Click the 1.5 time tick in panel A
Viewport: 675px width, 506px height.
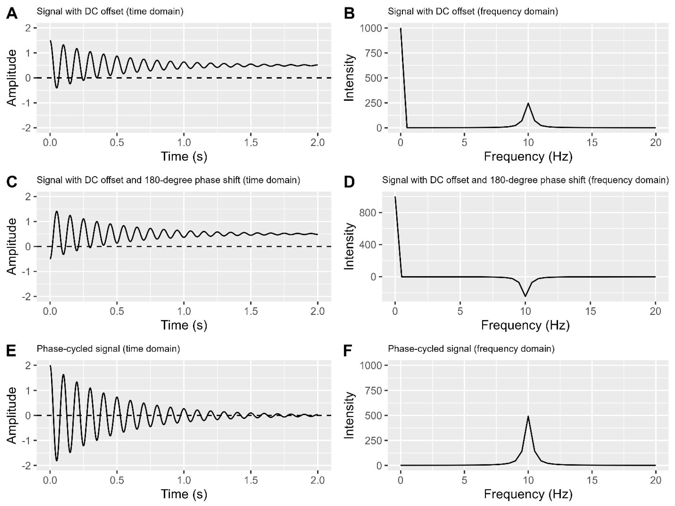click(251, 143)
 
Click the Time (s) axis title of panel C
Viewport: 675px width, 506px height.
click(184, 325)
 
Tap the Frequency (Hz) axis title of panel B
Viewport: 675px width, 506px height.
click(528, 157)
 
